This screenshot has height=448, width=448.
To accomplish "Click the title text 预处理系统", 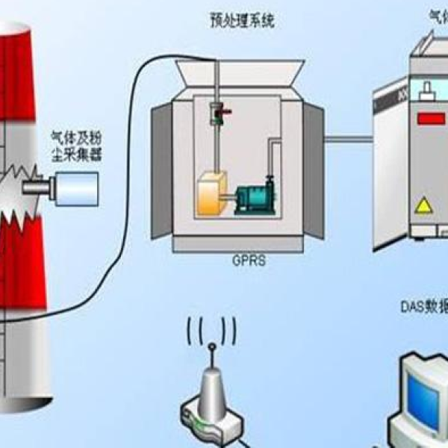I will (242, 21).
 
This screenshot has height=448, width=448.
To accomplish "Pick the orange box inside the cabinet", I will (215, 196).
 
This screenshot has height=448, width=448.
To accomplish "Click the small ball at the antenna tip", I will (212, 346).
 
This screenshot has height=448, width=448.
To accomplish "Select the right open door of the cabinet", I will (314, 172).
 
